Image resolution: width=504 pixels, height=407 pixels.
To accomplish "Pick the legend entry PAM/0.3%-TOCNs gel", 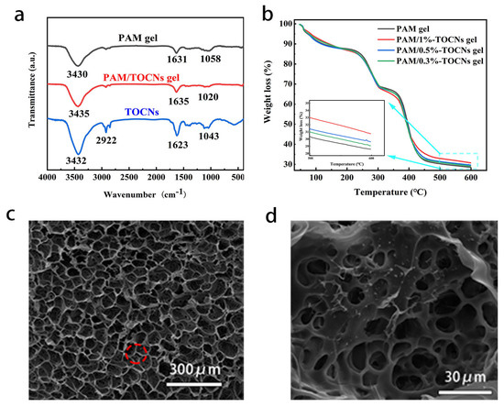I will [439, 60].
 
